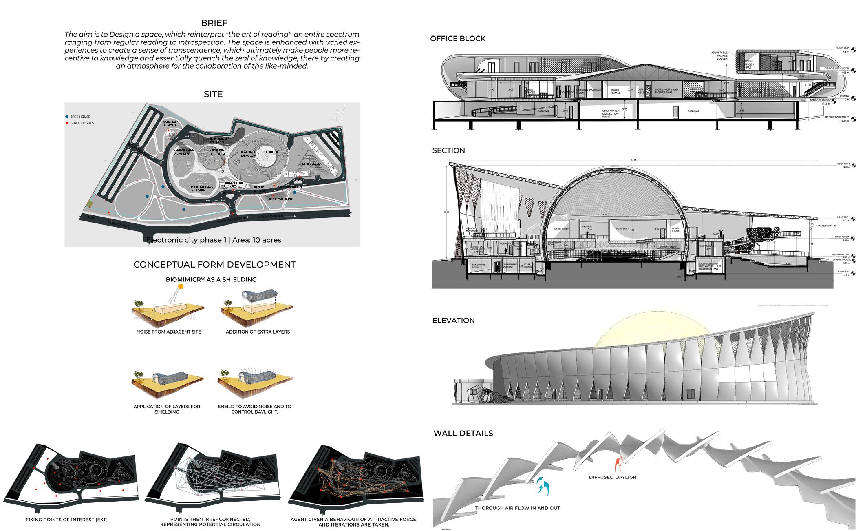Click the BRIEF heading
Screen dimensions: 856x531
click(214, 23)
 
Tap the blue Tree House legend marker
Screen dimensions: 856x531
click(67, 117)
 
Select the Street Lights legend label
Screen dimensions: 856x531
click(82, 123)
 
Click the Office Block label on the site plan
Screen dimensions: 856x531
click(311, 164)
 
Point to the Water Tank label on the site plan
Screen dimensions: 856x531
click(170, 123)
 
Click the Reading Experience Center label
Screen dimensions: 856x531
click(259, 153)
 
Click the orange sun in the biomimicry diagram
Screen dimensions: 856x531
click(181, 287)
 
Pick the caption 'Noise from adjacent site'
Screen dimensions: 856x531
click(169, 332)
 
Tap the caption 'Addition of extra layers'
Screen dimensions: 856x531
click(258, 332)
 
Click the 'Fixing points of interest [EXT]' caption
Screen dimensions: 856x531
click(66, 520)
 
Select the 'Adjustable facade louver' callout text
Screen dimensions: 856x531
click(719, 56)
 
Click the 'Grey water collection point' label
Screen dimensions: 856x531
click(610, 113)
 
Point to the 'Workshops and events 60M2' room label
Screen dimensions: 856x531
click(666, 91)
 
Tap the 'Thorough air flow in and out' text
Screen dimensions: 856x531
click(517, 508)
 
